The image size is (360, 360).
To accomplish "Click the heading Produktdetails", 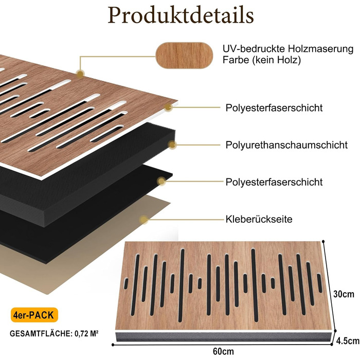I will click(x=180, y=15).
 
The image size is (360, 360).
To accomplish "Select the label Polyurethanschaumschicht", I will click(x=286, y=145).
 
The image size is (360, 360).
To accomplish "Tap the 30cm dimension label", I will click(x=344, y=295).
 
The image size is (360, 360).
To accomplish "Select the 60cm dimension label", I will click(x=222, y=351).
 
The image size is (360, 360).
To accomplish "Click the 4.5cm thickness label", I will click(x=348, y=340).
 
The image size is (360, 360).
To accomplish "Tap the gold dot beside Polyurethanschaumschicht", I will click(x=172, y=145).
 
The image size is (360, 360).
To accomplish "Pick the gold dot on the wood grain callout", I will click(x=80, y=74).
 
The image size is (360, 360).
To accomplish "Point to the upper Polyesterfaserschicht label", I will click(x=274, y=108).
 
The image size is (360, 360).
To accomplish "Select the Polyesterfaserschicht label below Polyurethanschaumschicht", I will click(x=274, y=182).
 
